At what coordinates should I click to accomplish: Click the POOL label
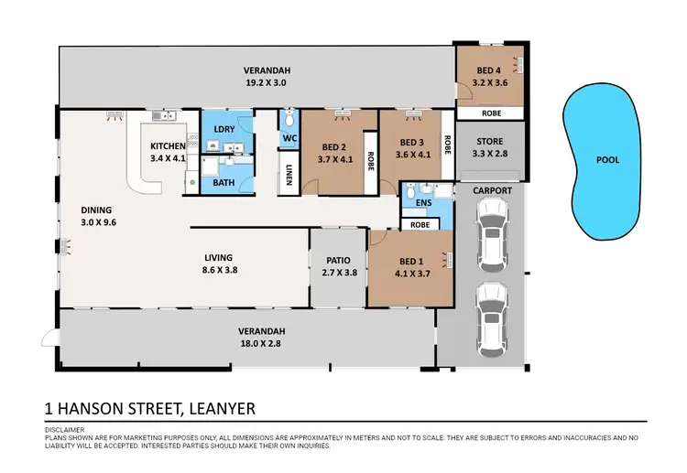coord(607,159)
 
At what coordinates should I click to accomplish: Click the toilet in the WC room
coord(289,121)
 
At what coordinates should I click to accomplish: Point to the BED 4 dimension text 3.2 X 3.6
coord(490,82)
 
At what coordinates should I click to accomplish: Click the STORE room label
coord(489,141)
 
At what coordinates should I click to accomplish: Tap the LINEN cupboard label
coord(289,174)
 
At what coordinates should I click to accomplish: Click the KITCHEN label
coord(169,145)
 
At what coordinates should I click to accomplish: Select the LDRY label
coord(224,130)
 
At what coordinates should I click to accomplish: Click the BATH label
coord(224,183)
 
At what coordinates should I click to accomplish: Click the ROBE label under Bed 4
coord(490,113)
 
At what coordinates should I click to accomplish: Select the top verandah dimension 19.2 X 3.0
coord(267,82)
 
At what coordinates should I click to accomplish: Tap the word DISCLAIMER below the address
coord(65,428)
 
